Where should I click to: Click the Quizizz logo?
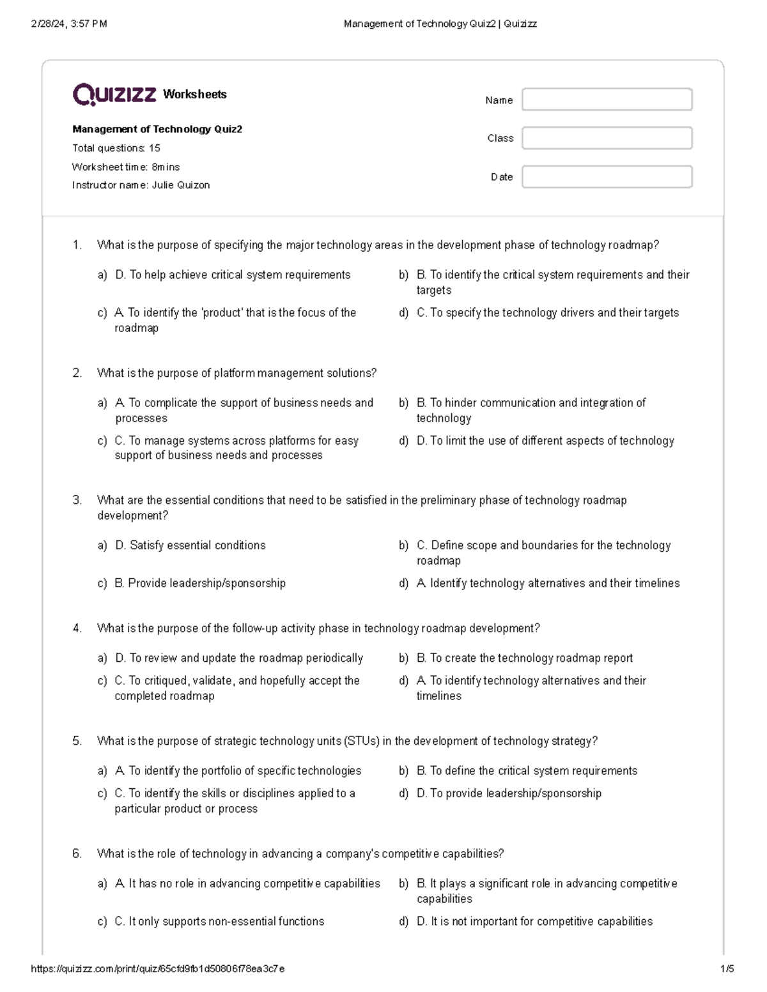[114, 95]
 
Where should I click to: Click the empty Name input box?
[607, 100]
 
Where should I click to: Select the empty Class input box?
[607, 138]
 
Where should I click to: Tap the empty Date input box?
[607, 177]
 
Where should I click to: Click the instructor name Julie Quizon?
[181, 185]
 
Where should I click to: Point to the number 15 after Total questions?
[154, 148]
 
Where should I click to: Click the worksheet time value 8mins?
[166, 167]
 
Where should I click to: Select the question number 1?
[77, 245]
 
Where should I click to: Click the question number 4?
[77, 629]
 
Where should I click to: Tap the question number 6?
[77, 854]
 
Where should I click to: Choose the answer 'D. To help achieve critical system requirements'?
[233, 275]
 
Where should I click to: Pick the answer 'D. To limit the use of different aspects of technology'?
[545, 441]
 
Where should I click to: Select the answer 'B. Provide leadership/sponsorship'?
[200, 583]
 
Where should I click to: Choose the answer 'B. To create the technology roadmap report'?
[525, 658]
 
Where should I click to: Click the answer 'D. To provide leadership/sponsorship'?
[509, 793]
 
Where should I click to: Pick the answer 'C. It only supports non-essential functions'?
[219, 921]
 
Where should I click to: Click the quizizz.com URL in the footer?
[158, 968]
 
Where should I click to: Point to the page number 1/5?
[727, 968]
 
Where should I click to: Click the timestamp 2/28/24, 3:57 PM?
[69, 24]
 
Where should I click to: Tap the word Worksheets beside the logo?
[195, 95]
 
